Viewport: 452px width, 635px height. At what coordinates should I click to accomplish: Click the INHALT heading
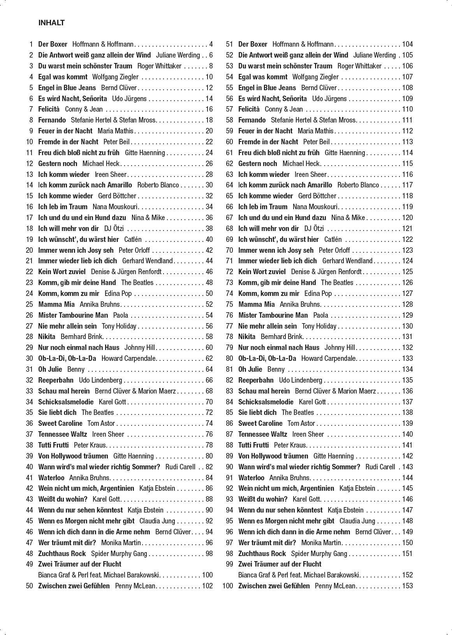51,23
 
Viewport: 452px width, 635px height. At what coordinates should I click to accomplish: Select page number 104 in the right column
407,44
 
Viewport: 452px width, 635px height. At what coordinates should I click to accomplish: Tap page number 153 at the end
407,586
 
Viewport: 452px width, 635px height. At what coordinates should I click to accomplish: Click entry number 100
227,586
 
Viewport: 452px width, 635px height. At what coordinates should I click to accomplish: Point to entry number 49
30,564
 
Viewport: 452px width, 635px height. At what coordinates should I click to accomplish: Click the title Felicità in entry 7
49,109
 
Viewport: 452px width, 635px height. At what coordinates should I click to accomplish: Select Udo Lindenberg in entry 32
100,380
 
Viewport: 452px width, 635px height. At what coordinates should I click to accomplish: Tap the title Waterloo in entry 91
251,478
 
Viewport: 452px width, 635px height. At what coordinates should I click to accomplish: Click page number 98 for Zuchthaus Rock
209,553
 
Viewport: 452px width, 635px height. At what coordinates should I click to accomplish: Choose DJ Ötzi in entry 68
314,228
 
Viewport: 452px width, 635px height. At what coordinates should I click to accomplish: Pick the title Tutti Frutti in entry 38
53,445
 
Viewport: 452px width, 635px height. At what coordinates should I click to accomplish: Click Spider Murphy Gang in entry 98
319,553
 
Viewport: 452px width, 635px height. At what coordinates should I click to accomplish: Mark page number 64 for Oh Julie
209,369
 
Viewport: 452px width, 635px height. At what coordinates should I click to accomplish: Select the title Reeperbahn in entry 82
256,380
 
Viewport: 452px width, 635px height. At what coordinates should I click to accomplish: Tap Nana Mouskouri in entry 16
115,206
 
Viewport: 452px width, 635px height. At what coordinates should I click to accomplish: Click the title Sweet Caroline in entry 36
60,423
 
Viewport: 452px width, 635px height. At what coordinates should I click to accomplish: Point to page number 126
407,282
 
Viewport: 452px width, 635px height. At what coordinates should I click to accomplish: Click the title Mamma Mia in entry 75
256,304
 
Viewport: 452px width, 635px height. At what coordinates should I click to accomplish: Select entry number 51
229,44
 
